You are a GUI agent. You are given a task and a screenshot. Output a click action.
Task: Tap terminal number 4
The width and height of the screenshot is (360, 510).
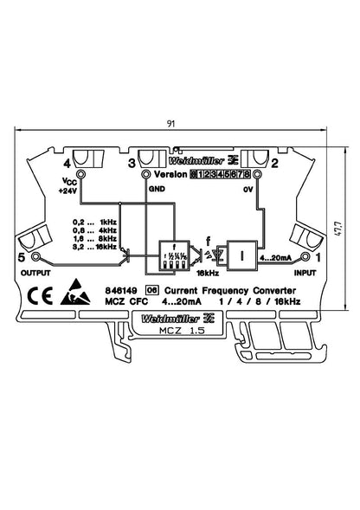click(x=67, y=162)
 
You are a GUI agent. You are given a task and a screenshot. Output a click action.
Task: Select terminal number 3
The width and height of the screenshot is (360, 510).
click(x=131, y=162)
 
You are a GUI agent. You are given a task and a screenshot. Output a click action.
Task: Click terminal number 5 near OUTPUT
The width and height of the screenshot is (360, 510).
click(x=22, y=257)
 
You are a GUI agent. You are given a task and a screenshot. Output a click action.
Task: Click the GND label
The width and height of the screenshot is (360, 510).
click(x=156, y=188)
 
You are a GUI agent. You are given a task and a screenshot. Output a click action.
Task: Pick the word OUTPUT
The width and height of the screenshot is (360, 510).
click(x=31, y=273)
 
